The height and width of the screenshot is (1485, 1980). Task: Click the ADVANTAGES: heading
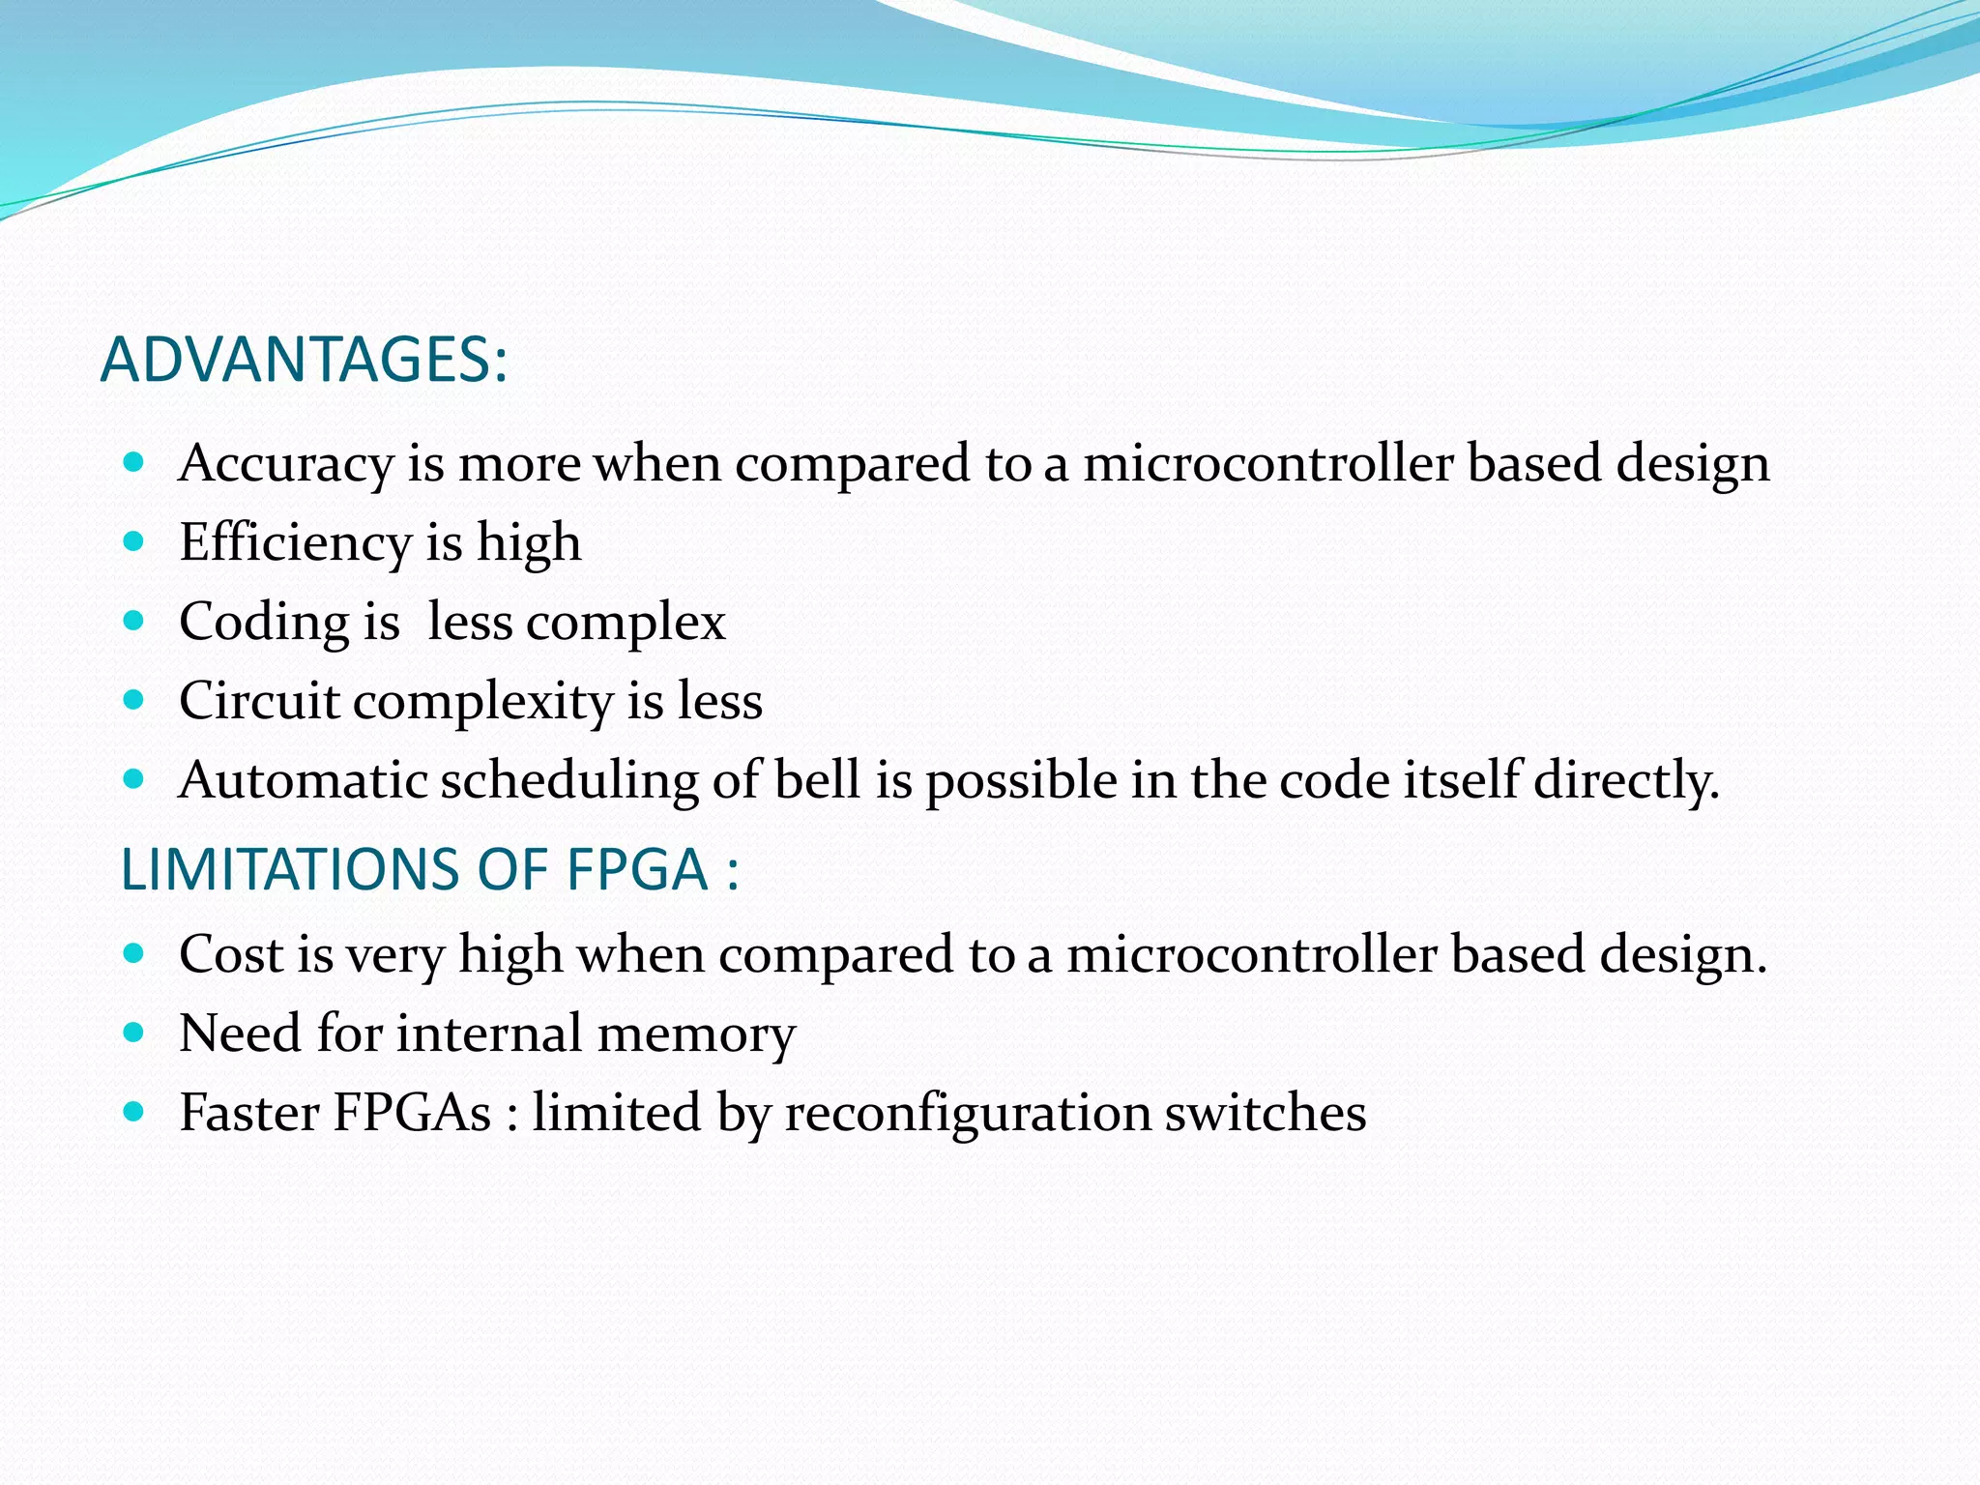coord(304,360)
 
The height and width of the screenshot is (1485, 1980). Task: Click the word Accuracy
coord(286,464)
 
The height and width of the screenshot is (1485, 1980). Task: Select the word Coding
coord(264,623)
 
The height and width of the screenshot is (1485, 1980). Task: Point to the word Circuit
coord(259,701)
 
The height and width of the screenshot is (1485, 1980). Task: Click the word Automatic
coord(304,780)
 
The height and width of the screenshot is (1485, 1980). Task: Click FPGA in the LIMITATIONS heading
coord(636,869)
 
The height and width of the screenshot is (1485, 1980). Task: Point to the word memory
coord(696,1034)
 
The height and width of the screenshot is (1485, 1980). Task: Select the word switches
coord(1266,1113)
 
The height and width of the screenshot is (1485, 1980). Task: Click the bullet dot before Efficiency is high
coord(134,540)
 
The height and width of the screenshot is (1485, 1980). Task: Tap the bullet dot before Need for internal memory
coord(134,1033)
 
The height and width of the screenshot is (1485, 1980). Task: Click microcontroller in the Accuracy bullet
coord(1267,463)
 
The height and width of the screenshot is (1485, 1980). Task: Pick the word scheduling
coord(569,781)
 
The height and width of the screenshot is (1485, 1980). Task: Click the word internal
coord(489,1034)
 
